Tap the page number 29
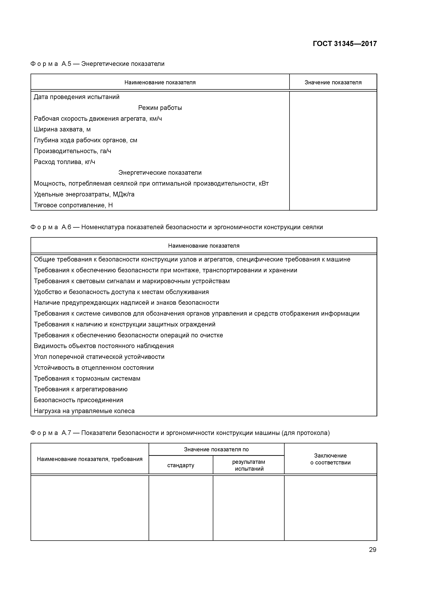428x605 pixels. [x=372, y=550]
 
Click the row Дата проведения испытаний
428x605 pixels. [x=76, y=97]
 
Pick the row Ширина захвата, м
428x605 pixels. [x=62, y=129]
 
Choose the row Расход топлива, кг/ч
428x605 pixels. [x=64, y=162]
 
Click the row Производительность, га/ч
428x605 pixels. [x=72, y=151]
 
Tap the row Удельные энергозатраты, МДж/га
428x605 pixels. [x=84, y=194]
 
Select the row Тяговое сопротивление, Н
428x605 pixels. [x=73, y=205]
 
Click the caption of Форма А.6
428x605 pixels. [x=177, y=227]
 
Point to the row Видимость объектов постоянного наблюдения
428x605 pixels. [x=104, y=346]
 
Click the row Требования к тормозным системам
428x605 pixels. [x=87, y=378]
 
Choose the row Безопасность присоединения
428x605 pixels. [x=78, y=400]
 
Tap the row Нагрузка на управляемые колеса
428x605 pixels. [x=84, y=411]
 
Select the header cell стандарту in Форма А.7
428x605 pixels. [x=181, y=465]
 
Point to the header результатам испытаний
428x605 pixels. [x=248, y=465]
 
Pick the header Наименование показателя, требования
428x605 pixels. [x=90, y=459]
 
